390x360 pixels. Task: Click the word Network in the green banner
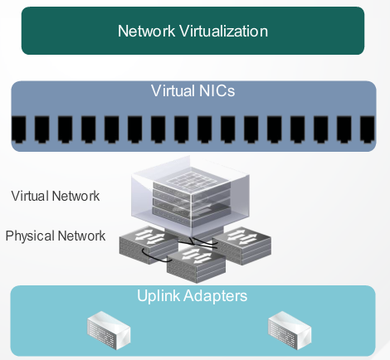[x=146, y=31]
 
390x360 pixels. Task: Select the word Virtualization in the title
[x=224, y=31]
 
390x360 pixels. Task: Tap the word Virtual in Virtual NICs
[x=173, y=90]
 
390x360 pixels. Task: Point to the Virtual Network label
[x=56, y=196]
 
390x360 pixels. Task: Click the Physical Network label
[x=56, y=236]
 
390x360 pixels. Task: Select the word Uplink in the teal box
[x=158, y=296]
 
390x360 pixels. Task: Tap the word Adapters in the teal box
[x=215, y=296]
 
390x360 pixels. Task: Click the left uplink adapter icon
[x=109, y=330]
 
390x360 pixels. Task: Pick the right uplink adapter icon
[x=290, y=330]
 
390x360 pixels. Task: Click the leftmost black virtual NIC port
[x=19, y=129]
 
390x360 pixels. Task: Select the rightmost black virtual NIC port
[x=368, y=129]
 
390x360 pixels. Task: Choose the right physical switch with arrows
[x=242, y=246]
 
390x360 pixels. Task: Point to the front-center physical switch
[x=196, y=264]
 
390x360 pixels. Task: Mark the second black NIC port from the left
[x=42, y=129]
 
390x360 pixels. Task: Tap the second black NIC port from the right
[x=344, y=129]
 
